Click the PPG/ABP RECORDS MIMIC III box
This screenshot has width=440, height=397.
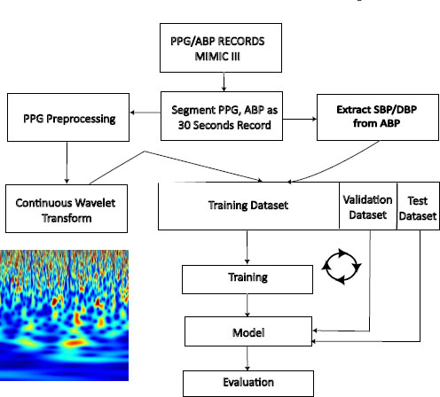221,48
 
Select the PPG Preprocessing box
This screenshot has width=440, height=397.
68,118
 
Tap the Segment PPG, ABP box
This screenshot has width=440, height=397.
222,116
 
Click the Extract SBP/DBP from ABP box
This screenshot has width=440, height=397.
378,117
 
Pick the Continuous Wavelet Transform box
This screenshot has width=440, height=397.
67,208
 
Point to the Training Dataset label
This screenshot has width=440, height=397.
248,205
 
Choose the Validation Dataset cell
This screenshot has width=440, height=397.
368,206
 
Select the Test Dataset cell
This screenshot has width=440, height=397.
418,206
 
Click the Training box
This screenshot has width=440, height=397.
247,279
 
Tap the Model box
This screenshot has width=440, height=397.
248,331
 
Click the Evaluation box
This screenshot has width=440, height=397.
248,384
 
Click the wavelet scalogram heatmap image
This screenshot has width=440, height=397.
64,315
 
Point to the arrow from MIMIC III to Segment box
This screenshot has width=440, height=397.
224,82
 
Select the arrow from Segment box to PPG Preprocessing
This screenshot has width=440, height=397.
145,113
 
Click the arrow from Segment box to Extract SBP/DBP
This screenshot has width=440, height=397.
300,119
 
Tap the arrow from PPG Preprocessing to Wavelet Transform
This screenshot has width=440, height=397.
67,162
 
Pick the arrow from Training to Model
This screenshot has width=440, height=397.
247,305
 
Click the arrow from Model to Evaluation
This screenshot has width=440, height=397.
247,358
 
